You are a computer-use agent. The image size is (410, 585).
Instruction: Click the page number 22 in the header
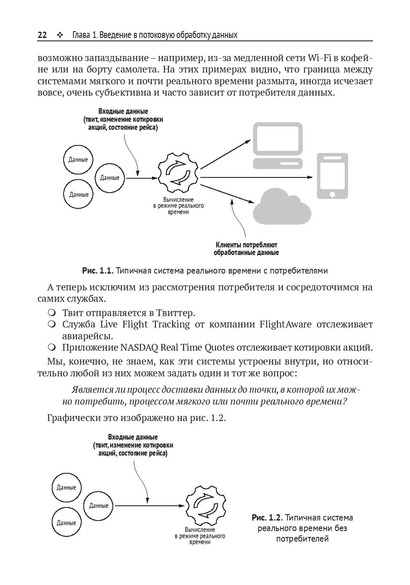click(42, 35)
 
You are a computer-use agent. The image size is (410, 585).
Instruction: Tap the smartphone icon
click(332, 176)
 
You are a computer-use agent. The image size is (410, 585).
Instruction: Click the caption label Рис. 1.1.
click(98, 271)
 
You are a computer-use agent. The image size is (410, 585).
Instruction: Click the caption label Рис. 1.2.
click(267, 518)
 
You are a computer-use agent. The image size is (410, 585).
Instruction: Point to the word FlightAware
click(285, 325)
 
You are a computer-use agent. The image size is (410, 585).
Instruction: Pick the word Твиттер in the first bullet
click(176, 313)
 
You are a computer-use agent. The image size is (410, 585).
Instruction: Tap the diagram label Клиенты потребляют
click(246, 245)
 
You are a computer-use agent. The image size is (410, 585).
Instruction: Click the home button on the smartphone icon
click(332, 194)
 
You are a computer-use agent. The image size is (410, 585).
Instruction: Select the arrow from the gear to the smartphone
click(257, 177)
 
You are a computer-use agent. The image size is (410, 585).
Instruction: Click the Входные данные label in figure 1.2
click(133, 437)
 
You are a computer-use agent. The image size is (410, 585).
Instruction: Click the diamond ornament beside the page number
click(59, 35)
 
